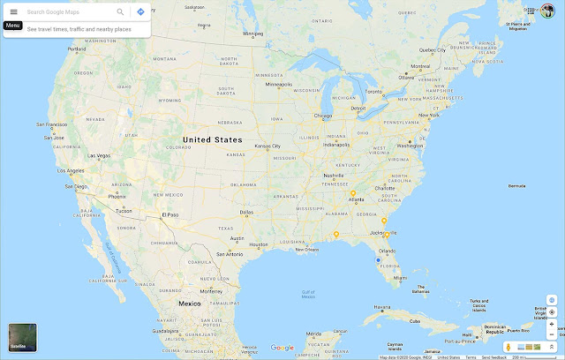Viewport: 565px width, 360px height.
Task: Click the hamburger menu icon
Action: [13, 12]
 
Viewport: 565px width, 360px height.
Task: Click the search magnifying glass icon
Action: [120, 12]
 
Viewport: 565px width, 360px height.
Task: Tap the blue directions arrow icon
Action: [140, 12]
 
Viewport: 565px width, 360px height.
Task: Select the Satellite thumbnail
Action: [23, 339]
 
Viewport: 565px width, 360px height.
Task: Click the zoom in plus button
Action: [552, 324]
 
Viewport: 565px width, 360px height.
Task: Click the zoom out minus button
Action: [552, 334]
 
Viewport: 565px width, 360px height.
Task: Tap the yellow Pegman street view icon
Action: [509, 347]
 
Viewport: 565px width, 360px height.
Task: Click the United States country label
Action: [211, 139]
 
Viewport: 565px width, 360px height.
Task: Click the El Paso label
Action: [170, 214]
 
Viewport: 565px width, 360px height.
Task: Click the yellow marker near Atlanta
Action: [352, 193]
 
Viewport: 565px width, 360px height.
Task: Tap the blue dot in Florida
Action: [378, 260]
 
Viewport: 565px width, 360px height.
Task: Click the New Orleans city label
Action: [306, 249]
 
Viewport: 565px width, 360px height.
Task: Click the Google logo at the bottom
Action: [282, 348]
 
